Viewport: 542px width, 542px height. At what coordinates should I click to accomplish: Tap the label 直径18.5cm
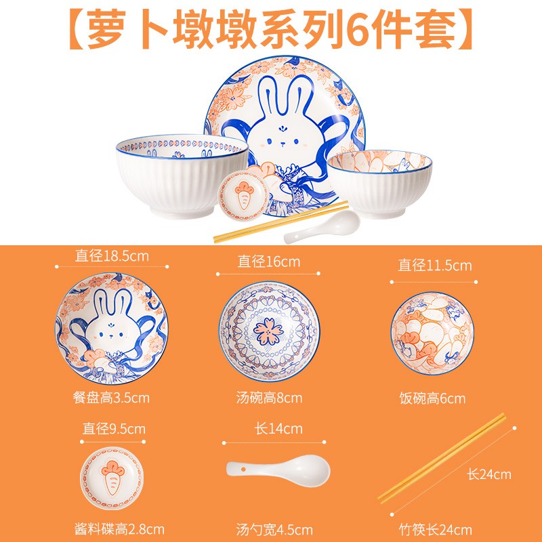click(x=112, y=256)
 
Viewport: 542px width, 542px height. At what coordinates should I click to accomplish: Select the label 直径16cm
click(x=268, y=262)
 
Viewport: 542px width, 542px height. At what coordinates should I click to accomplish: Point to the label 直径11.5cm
click(x=434, y=265)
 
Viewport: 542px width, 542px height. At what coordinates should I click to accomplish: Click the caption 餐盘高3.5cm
click(x=110, y=398)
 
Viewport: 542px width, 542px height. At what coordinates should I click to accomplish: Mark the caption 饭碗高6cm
click(x=432, y=398)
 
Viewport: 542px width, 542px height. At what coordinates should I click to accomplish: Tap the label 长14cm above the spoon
click(x=278, y=429)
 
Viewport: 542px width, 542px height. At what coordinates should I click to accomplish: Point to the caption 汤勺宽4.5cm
click(x=274, y=529)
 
